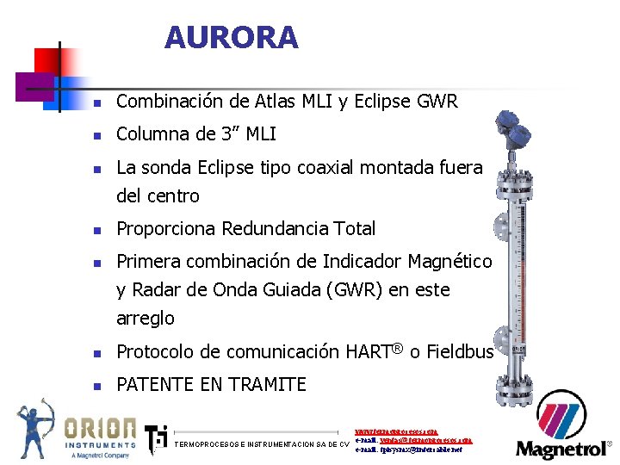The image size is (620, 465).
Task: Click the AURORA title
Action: (x=231, y=38)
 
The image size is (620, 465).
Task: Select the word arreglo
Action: (x=146, y=319)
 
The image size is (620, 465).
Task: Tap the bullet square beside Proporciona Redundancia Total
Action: (x=98, y=230)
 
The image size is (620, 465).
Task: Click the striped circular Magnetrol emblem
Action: (x=561, y=422)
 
